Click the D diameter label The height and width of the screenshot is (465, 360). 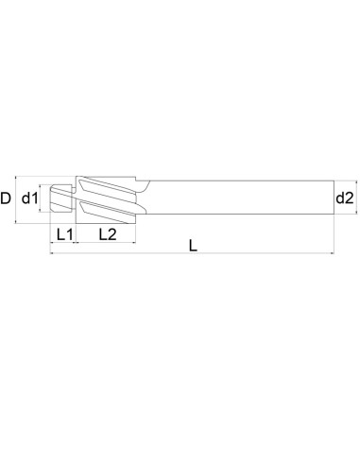click(x=8, y=198)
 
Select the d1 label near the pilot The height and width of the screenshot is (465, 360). click(x=30, y=198)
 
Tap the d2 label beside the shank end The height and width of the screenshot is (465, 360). click(x=345, y=198)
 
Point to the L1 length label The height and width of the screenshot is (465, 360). click(x=63, y=233)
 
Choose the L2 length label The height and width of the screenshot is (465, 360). click(x=107, y=233)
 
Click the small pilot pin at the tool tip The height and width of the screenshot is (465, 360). click(x=62, y=198)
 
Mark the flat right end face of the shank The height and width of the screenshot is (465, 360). click(x=334, y=198)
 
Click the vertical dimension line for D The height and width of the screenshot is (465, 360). click(x=19, y=198)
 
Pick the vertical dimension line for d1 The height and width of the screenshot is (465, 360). click(x=43, y=198)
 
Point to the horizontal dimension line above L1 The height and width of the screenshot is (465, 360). click(x=63, y=241)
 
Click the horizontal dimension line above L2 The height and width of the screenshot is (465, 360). click(x=107, y=241)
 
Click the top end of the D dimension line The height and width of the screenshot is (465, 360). click(x=19, y=175)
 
